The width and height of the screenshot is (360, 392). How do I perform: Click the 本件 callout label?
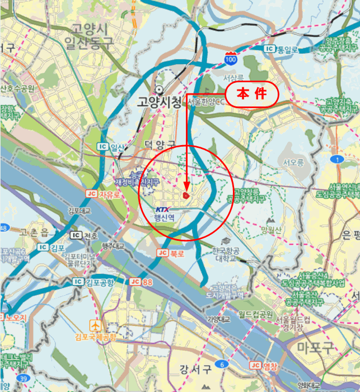(x=251, y=94)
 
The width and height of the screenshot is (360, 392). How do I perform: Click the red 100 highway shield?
(x=231, y=58)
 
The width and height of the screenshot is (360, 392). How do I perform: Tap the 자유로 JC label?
(x=104, y=194)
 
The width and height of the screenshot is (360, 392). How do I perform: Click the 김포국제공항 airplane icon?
(x=96, y=325)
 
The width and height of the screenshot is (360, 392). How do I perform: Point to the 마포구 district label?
(x=318, y=347)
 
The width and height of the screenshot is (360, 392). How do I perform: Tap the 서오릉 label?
(x=293, y=162)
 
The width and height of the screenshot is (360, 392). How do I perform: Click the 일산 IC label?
(x=112, y=147)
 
